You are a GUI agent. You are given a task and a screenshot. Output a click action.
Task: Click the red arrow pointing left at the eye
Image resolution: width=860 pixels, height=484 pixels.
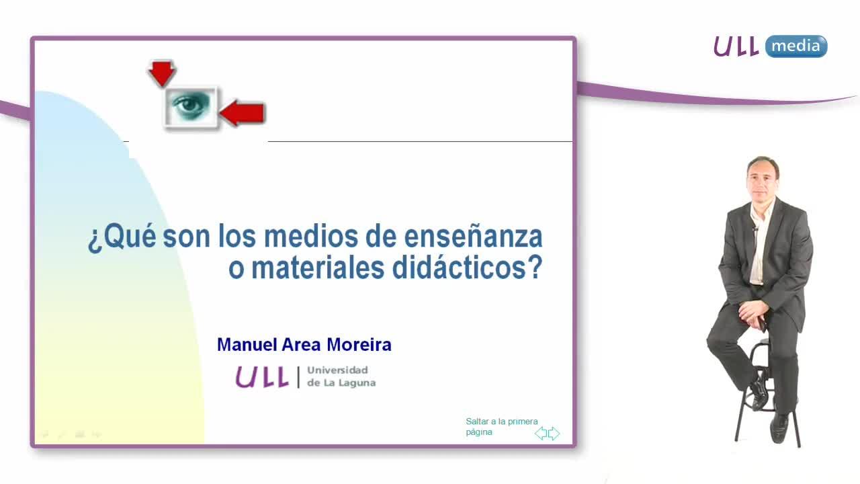click(x=243, y=114)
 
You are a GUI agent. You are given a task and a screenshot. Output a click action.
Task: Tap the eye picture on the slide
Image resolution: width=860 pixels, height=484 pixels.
click(x=191, y=107)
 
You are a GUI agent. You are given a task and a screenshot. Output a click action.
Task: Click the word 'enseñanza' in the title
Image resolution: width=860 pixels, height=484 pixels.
click(x=473, y=237)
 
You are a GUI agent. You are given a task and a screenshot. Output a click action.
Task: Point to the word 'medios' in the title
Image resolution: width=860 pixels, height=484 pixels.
click(x=311, y=237)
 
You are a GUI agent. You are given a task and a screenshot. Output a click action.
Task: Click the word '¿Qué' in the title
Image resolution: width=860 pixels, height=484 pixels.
click(x=122, y=237)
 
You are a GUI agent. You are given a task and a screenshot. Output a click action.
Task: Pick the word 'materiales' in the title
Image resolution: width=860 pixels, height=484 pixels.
click(x=318, y=268)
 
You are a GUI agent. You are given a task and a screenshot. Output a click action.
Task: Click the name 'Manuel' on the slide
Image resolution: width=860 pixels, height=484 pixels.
click(x=247, y=345)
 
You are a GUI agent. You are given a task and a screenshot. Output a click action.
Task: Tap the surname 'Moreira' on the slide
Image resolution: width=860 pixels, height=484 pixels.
click(x=359, y=345)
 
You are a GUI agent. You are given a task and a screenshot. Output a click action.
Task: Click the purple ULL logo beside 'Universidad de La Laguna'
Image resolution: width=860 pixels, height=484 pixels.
click(x=262, y=377)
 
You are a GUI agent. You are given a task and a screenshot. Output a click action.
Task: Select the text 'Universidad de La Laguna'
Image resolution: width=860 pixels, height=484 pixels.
click(x=341, y=376)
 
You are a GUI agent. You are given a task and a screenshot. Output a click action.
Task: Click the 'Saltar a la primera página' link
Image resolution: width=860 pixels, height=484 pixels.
click(x=502, y=426)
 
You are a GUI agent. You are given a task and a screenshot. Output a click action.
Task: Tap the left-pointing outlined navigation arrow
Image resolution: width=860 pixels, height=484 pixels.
click(x=541, y=434)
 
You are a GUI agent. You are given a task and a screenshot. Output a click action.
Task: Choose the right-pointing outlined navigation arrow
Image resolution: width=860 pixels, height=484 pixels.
click(x=554, y=434)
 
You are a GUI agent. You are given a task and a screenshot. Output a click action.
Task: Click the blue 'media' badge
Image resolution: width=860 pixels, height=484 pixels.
click(x=796, y=46)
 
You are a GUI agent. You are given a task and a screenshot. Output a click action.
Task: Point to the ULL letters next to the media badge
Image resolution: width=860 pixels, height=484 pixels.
click(x=736, y=46)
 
